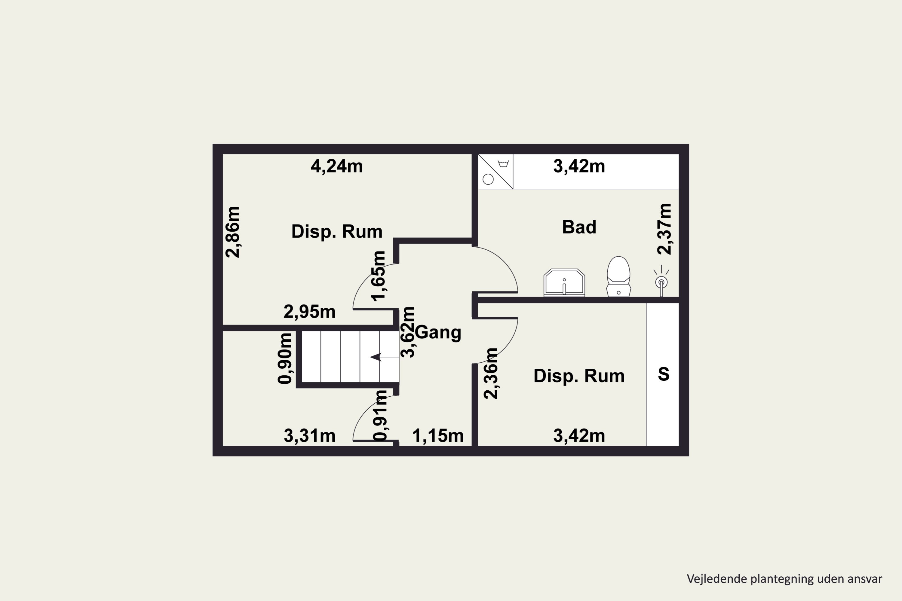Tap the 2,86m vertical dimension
pyautogui.click(x=233, y=232)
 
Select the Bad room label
pyautogui.click(x=579, y=227)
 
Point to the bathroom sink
pyautogui.click(x=564, y=282)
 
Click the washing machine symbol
pyautogui.click(x=495, y=171)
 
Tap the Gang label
pyautogui.click(x=438, y=332)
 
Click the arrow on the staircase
pyautogui.click(x=384, y=357)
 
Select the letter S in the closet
pyautogui.click(x=664, y=374)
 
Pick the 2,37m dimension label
pyautogui.click(x=664, y=229)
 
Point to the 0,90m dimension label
pyautogui.click(x=285, y=359)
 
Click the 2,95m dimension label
pyautogui.click(x=309, y=312)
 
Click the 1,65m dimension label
pyautogui.click(x=378, y=276)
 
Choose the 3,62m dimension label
pyautogui.click(x=408, y=332)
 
